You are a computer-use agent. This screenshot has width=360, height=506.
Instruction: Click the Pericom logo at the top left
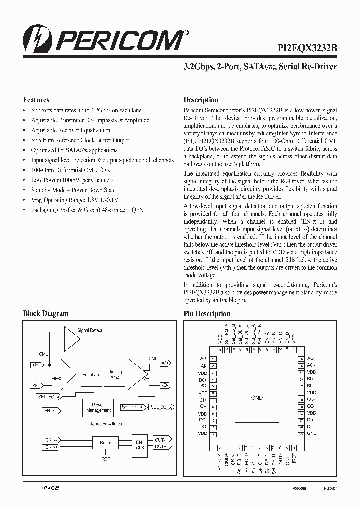pos(103,38)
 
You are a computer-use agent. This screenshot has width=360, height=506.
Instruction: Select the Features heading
pos(36,100)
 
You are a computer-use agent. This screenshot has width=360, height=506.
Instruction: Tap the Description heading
pos(201,100)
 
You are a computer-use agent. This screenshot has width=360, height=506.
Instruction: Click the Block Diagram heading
pos(45,314)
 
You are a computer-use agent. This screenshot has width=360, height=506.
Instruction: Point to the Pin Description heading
pos(207,314)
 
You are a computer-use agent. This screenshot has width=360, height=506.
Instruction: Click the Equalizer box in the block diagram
pos(91,374)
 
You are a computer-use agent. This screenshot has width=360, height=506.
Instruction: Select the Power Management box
pos(98,407)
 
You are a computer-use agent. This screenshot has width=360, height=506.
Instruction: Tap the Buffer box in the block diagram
pos(105,443)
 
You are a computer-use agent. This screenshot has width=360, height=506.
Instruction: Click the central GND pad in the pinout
pos(257,398)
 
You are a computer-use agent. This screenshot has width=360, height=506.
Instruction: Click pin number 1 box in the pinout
pos(213,359)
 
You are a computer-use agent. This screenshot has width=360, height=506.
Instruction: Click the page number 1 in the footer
pos(179,490)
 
